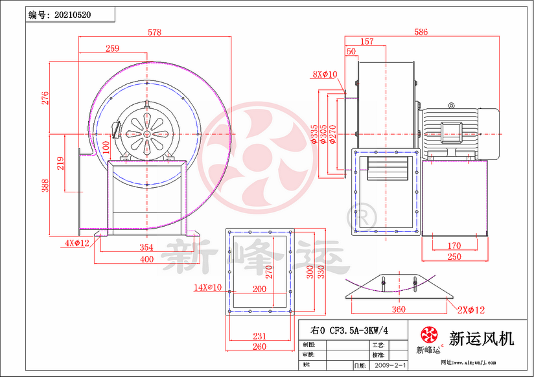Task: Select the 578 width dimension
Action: (x=154, y=32)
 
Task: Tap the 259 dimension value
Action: (x=111, y=48)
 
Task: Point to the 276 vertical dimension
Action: (x=45, y=98)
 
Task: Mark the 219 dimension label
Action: (x=60, y=163)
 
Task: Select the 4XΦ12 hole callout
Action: (x=76, y=243)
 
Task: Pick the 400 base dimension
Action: (x=146, y=259)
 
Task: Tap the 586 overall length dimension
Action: (x=422, y=32)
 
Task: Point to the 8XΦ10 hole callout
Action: (x=325, y=74)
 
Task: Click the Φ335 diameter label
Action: (x=314, y=133)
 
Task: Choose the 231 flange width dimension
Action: (x=259, y=336)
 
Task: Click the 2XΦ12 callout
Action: (x=470, y=310)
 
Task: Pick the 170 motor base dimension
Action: (x=454, y=246)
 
